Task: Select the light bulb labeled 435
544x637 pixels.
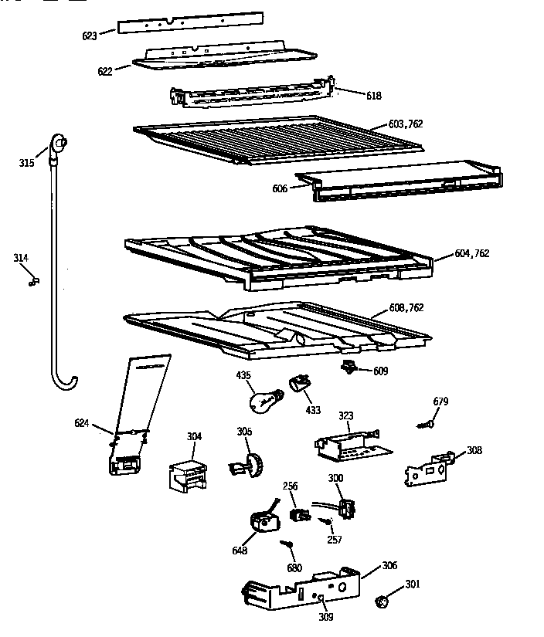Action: pos(263,401)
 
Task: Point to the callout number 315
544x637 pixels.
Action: pos(27,162)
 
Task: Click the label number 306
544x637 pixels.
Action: pos(391,566)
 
